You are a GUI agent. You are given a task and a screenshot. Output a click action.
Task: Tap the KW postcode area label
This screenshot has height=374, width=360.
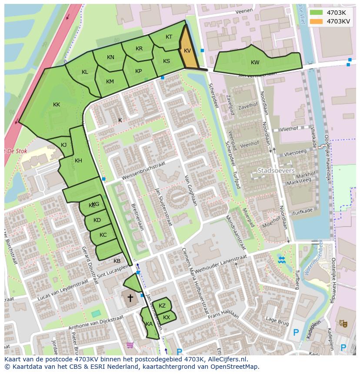click(255, 63)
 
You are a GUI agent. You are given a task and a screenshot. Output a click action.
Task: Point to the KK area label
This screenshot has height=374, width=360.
click(57, 105)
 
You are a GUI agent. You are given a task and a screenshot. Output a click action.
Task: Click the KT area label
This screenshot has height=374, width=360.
click(169, 37)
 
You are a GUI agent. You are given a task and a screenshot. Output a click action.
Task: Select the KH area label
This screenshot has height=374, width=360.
click(78, 161)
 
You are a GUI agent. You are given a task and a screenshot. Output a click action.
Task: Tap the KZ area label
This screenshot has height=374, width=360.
click(162, 306)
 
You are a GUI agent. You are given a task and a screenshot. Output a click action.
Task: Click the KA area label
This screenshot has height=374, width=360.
click(149, 324)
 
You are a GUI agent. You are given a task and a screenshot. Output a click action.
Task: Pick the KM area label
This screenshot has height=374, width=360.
click(110, 82)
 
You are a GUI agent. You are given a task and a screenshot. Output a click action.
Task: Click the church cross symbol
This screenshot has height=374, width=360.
click(130, 298)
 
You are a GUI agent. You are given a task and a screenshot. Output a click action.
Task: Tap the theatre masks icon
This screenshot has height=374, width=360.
click(343, 323)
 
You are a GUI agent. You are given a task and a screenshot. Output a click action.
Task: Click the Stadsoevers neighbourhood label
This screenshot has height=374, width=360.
click(276, 171)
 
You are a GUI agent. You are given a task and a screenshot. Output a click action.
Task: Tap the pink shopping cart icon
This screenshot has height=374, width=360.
click(130, 345)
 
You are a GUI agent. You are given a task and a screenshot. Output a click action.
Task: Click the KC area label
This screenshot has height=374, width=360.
click(103, 235)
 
